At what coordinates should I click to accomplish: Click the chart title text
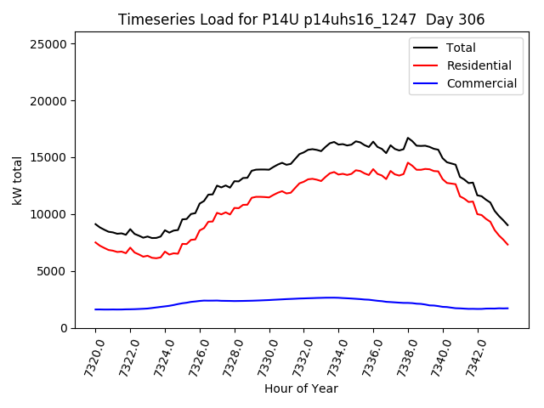coord(302,20)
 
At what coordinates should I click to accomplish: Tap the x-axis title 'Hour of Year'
coord(301,388)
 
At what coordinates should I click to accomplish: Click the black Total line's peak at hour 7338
coord(408,138)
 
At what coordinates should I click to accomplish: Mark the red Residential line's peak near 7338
coord(408,163)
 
